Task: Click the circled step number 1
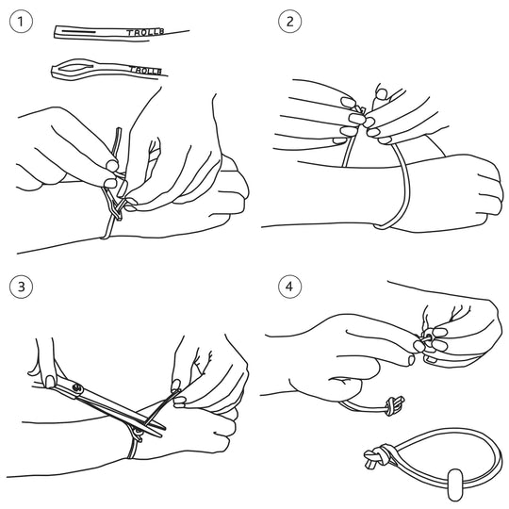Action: [21, 22]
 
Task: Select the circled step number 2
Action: [289, 22]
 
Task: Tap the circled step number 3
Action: [21, 287]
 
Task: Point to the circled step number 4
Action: [289, 287]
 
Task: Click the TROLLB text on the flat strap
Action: [145, 32]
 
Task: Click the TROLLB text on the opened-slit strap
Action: [146, 70]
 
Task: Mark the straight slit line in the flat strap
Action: [79, 32]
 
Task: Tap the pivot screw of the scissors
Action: [77, 387]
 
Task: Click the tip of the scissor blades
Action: [165, 428]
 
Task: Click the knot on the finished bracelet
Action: [376, 457]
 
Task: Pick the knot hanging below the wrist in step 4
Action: [394, 405]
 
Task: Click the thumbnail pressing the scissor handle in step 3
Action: [50, 382]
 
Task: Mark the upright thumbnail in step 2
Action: [381, 93]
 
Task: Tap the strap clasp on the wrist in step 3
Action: [137, 434]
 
